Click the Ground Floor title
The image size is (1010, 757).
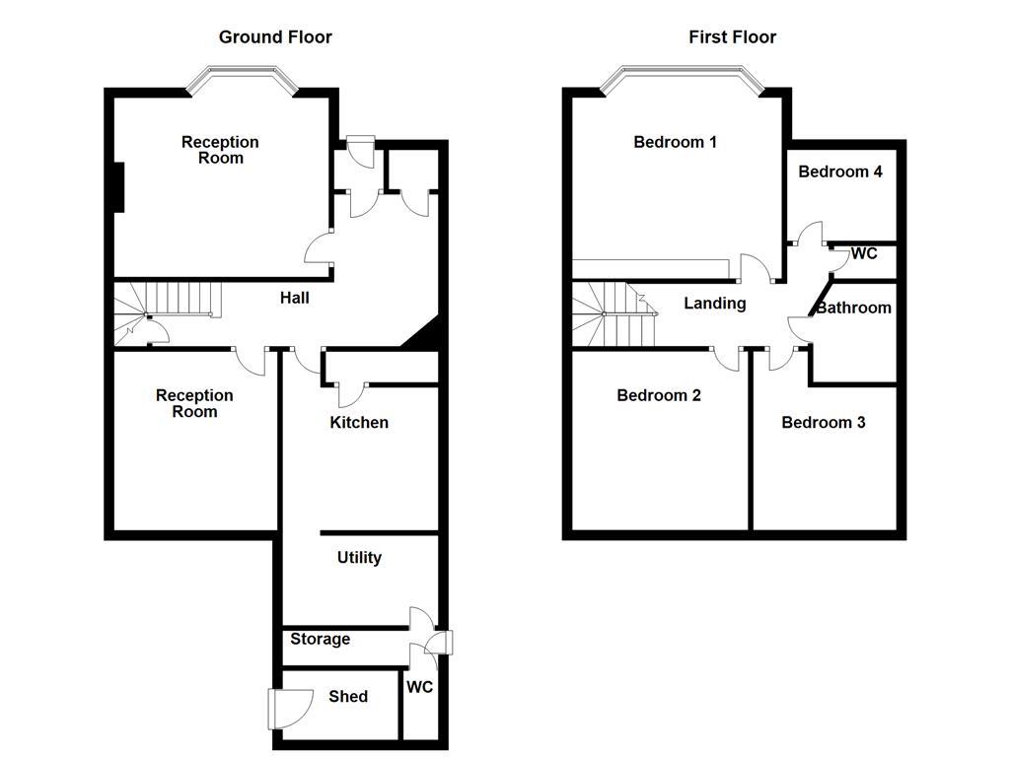tap(275, 37)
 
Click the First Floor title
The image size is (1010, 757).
tap(732, 37)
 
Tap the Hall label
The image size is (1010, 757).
tap(295, 297)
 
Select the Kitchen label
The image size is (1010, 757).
tap(359, 423)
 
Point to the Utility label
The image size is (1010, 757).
tap(359, 558)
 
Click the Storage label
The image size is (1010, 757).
tap(320, 640)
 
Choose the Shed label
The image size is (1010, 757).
tap(348, 697)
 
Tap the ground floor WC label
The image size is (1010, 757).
tap(420, 688)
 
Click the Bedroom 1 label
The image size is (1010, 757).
tap(675, 142)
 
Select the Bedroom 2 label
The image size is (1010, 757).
tap(659, 396)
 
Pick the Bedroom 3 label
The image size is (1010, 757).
tap(824, 423)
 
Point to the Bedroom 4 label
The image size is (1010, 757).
tap(840, 172)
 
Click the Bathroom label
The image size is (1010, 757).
tap(854, 308)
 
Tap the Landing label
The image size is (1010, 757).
tap(715, 304)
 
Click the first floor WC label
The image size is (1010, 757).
tap(864, 254)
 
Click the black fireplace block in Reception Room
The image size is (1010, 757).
tap(117, 186)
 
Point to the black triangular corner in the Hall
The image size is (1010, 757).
tap(425, 336)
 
